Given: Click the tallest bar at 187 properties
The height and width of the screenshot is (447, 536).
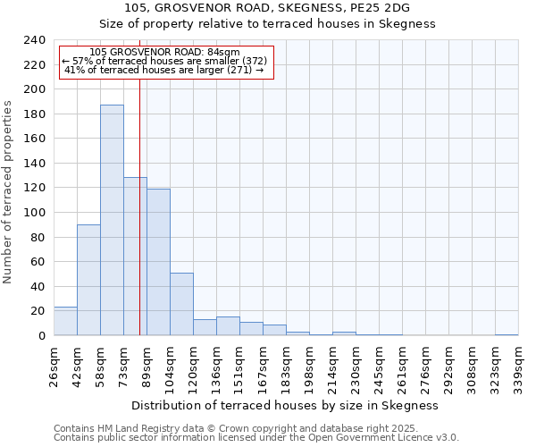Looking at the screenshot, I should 112,220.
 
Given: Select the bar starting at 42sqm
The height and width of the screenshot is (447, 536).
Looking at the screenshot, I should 88,280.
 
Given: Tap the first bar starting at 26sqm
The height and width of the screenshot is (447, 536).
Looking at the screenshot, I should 65,321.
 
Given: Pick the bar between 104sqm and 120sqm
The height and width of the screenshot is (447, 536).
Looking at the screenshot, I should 181,304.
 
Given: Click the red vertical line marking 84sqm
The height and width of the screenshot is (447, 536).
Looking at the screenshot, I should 139,206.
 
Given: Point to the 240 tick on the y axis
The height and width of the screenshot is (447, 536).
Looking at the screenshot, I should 34,40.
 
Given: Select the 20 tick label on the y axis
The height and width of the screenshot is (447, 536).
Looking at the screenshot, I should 38,311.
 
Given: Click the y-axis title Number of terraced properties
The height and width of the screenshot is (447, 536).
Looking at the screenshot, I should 9,192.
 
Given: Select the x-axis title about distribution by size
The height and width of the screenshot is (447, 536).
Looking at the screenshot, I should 285,405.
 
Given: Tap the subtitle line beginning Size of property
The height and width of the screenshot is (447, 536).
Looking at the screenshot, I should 267,24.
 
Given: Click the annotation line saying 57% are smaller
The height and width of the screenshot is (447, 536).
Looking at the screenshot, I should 164,61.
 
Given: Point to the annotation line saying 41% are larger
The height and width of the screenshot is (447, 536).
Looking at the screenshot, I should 164,70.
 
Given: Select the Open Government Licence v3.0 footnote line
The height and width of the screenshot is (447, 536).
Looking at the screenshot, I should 256,437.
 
